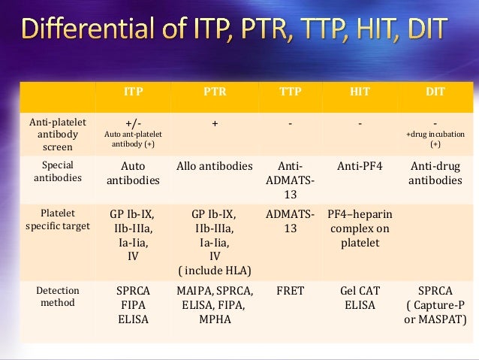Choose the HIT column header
click(360, 92)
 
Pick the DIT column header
click(435, 92)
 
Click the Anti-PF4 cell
click(360, 166)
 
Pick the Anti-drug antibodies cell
click(435, 173)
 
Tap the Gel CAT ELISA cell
click(360, 297)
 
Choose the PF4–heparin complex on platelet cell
click(360, 228)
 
